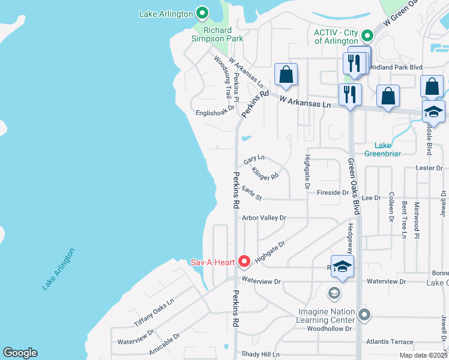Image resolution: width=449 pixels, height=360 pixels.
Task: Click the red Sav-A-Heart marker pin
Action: coord(244,261)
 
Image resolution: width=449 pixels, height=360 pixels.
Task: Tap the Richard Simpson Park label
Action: coord(223,34)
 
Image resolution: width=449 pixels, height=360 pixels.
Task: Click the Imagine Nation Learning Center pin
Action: coord(363,314)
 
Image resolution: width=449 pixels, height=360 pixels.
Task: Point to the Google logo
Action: coord(20,353)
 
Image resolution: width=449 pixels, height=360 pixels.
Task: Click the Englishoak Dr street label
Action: coord(214,112)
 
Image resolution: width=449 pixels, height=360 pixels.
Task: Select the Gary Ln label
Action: coord(254,160)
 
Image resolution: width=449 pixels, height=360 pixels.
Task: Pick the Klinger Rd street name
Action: coord(265,174)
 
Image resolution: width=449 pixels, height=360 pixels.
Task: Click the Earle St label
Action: coord(252,193)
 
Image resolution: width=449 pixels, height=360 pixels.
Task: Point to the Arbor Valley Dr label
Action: coord(264,218)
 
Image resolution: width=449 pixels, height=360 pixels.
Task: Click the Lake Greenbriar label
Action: coord(383,149)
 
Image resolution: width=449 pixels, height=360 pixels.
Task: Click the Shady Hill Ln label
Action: coord(261,354)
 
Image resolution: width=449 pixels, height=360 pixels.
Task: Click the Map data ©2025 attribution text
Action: coord(424,355)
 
